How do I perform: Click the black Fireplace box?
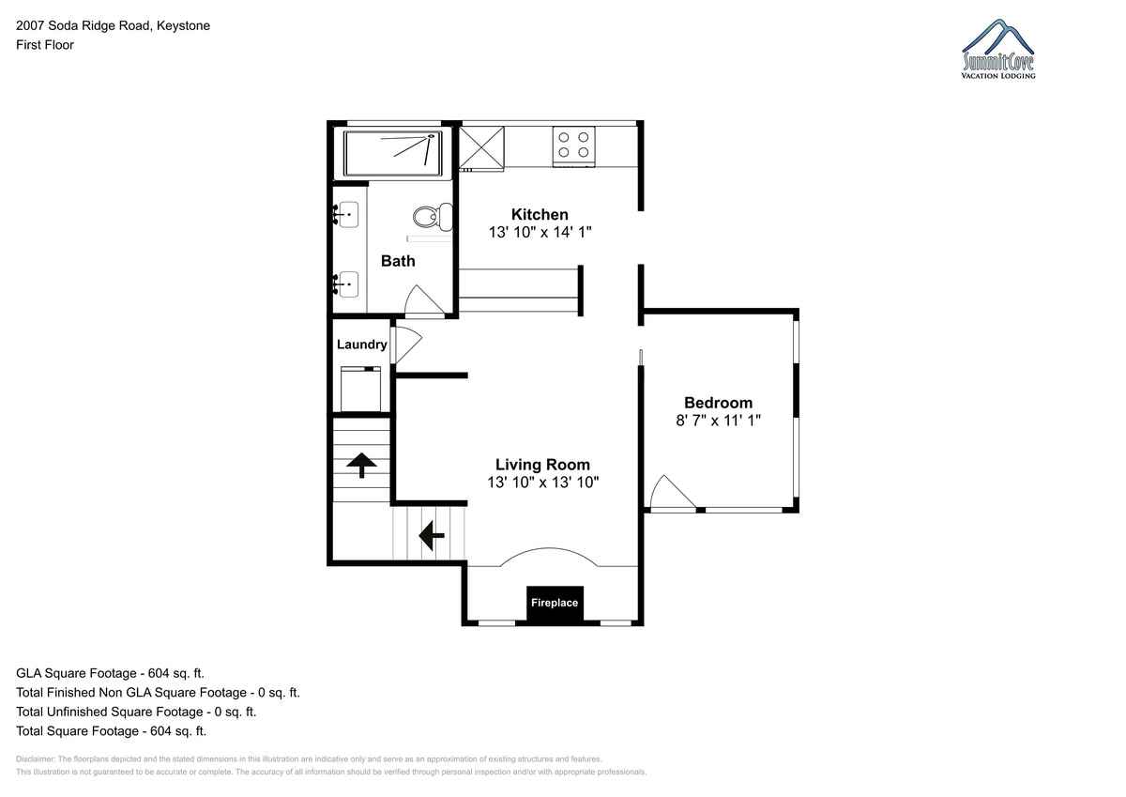click(555, 605)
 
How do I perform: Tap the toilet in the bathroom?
click(433, 217)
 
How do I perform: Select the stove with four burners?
click(573, 146)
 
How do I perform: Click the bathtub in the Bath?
click(392, 153)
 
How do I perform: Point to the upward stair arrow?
click(361, 465)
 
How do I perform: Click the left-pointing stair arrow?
click(432, 535)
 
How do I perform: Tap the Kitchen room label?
click(540, 215)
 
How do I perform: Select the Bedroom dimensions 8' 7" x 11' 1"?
click(719, 421)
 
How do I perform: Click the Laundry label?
click(362, 345)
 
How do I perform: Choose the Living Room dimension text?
click(543, 483)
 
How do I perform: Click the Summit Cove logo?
click(998, 49)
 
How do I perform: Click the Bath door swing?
click(425, 299)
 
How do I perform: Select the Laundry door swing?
click(406, 345)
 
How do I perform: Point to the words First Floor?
click(45, 45)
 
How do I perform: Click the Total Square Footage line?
click(111, 731)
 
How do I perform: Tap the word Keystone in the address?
click(184, 25)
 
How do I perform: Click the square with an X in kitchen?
click(481, 146)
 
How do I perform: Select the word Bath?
click(398, 261)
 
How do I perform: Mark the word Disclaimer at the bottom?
click(36, 759)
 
